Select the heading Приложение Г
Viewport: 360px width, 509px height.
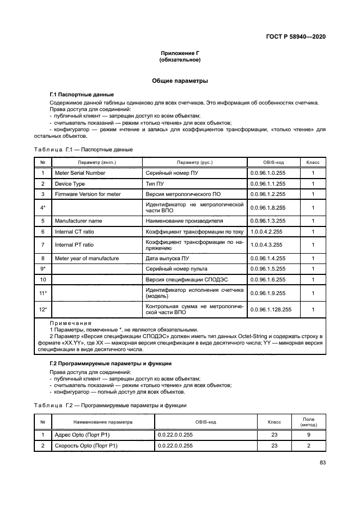click(x=180, y=53)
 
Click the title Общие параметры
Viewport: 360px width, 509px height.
click(x=180, y=81)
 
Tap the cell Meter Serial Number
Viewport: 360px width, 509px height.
click(x=80, y=173)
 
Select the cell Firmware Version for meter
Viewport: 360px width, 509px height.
click(x=88, y=194)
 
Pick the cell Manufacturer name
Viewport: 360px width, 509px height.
click(x=78, y=221)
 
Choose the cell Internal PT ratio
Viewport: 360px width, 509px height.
click(x=74, y=245)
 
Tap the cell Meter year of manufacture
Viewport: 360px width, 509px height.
click(x=87, y=259)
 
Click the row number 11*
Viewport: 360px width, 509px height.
click(x=42, y=293)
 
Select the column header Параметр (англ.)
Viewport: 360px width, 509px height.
click(x=97, y=162)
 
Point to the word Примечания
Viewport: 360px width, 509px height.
click(x=71, y=323)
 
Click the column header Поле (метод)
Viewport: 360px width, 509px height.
click(x=308, y=422)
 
